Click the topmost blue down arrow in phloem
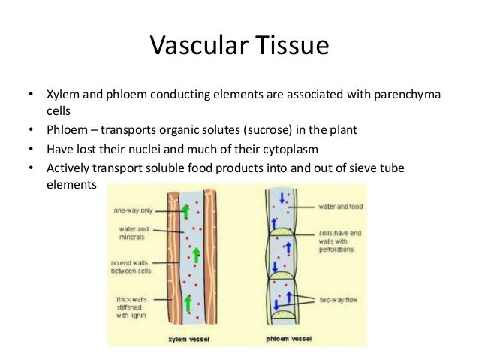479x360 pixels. [x=281, y=198]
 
